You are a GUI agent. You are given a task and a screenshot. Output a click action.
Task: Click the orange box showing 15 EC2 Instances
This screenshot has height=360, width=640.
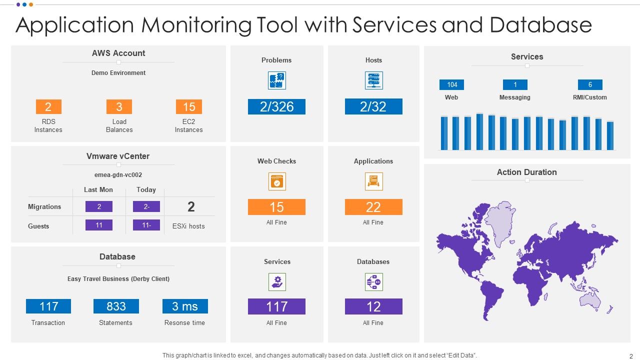(189, 106)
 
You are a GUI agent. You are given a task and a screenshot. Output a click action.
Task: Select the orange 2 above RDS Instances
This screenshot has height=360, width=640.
(48, 106)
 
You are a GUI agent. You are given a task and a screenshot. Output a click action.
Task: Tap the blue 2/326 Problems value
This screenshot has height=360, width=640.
(276, 106)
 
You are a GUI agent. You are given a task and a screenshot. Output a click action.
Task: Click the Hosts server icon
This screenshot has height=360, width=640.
(373, 80)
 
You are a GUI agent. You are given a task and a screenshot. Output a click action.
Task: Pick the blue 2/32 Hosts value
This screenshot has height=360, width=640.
(373, 106)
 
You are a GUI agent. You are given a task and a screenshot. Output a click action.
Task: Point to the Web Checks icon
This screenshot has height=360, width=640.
(277, 181)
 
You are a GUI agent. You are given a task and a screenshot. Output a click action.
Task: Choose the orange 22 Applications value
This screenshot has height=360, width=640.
(373, 207)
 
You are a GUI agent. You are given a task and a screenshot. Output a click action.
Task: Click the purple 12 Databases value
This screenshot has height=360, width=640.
(373, 306)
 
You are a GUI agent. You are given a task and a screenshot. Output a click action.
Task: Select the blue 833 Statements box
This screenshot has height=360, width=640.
(116, 306)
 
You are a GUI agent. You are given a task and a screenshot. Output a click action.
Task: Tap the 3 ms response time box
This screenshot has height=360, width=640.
(185, 306)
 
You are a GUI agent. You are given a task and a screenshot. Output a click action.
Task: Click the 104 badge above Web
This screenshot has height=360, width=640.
(452, 84)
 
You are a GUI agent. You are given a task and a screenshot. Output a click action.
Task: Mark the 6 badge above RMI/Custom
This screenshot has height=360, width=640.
(590, 84)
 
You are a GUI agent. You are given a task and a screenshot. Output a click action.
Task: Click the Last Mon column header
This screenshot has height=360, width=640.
(98, 190)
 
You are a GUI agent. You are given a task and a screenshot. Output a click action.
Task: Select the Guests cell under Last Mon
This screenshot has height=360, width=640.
(99, 225)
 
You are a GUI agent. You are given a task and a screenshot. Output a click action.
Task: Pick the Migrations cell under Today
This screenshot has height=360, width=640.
(146, 206)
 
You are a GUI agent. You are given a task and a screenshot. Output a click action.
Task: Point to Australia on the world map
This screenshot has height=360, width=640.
(590, 298)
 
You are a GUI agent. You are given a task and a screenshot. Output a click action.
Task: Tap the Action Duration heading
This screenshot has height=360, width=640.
(526, 172)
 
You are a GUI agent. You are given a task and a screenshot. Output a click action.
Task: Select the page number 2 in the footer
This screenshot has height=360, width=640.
(631, 356)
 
